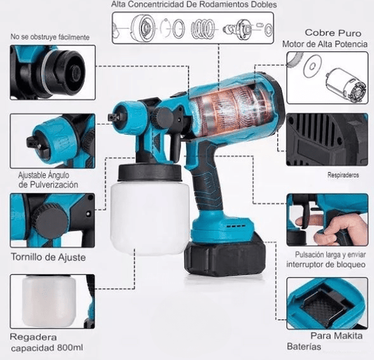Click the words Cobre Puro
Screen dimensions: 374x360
click(x=333, y=33)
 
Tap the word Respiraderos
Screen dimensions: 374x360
click(x=343, y=175)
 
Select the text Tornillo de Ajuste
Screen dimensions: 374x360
click(x=48, y=257)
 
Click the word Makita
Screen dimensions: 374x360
click(x=348, y=336)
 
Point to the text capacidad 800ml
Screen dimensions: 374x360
click(x=47, y=348)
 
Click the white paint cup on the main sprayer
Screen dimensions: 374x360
click(x=150, y=216)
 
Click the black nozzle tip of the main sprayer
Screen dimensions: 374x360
click(x=113, y=117)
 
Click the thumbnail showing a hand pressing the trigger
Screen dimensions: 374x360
click(x=327, y=220)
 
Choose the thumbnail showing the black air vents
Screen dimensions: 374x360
click(x=327, y=140)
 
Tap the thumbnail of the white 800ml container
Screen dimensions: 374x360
click(x=53, y=301)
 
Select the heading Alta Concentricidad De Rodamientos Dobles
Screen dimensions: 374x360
click(x=194, y=4)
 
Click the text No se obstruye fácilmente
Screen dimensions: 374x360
click(x=50, y=37)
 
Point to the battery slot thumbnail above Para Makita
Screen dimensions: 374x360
click(x=327, y=303)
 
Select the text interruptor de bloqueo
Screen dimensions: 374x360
click(x=326, y=265)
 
